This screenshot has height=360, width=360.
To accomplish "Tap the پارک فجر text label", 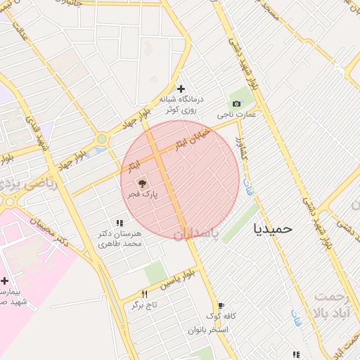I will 143,193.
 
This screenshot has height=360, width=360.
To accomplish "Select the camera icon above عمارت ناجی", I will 236,104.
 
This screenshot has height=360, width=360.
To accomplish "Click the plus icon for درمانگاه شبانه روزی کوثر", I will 181,89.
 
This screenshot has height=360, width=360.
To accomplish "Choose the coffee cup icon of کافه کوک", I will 221,306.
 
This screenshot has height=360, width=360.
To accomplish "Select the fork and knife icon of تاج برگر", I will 145,294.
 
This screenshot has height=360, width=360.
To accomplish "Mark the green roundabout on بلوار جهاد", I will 103,139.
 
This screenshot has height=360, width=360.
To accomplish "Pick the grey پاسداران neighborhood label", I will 196,232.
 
